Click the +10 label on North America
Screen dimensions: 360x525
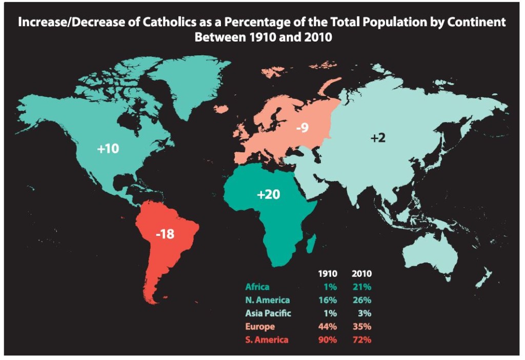(108, 149)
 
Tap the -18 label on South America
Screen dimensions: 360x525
(165, 234)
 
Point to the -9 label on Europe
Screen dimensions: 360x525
(302, 127)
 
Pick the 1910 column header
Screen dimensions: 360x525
(328, 274)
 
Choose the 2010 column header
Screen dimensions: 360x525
(362, 274)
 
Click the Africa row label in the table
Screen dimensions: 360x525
(257, 287)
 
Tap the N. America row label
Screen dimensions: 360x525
(268, 300)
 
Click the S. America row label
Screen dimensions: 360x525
(267, 339)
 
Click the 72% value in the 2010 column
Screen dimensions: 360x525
(362, 339)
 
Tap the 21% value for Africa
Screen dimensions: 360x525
(362, 287)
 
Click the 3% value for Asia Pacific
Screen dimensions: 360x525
(365, 313)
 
